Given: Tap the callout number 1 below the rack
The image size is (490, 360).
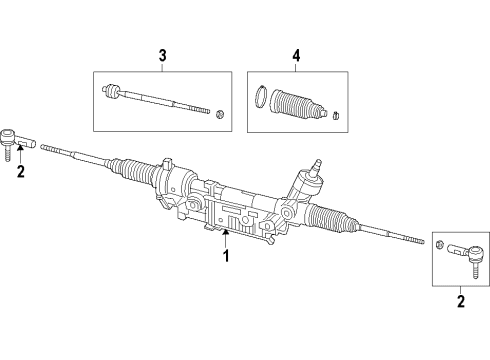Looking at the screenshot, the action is [225, 256].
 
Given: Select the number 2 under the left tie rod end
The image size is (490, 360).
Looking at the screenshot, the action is [19, 171].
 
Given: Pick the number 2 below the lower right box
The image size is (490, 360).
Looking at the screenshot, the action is [460, 300].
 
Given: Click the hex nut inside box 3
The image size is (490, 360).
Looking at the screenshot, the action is [218, 113].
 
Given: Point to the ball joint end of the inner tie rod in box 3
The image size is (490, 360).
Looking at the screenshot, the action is [112, 92].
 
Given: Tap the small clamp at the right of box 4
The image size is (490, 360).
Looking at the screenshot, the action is [338, 112].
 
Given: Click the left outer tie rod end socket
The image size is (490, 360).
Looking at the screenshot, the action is [8, 135].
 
